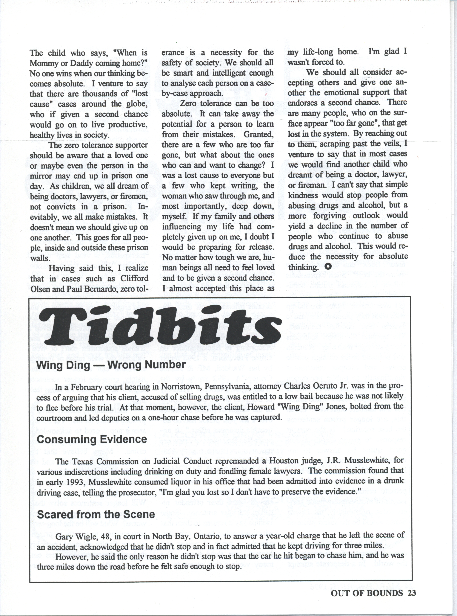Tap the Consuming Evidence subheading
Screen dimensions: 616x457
tap(92, 439)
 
